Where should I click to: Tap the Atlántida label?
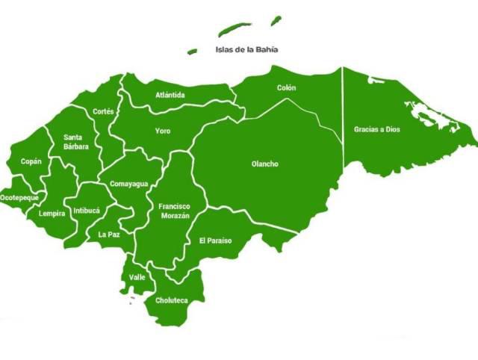coord(170,95)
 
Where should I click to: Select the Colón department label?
coord(287,87)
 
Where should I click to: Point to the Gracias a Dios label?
coord(377,129)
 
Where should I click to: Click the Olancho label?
coord(264,164)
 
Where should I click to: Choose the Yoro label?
coord(163,131)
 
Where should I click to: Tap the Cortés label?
coord(104,111)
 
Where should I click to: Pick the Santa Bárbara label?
coord(76,142)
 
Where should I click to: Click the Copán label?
coord(31,161)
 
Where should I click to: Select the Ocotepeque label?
coord(19,197)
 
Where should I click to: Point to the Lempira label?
coord(52,213)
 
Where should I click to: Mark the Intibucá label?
coord(87,210)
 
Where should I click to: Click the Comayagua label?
coord(128,183)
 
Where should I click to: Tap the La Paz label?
coord(109,234)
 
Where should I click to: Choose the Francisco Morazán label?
coord(174,211)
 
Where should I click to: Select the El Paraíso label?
coord(215,240)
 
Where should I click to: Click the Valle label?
coord(137,277)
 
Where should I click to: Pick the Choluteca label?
coord(171,300)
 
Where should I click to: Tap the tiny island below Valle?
coord(132,302)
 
